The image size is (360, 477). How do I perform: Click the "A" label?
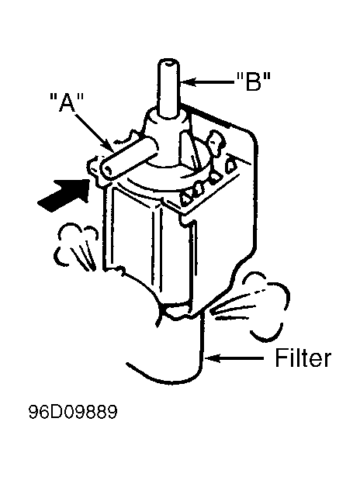click(67, 102)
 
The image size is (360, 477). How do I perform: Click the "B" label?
click(254, 81)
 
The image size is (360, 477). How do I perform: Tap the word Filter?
click(303, 358)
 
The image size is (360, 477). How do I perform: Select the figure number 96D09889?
click(73, 412)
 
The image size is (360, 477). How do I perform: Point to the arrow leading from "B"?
click(208, 81)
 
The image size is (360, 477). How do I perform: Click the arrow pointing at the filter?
click(234, 358)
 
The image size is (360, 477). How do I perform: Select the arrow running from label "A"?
click(93, 131)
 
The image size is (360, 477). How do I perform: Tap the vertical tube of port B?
click(168, 88)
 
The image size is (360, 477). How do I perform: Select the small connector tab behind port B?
click(216, 143)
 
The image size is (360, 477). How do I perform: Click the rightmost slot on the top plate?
click(230, 165)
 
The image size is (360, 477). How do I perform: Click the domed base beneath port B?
click(167, 137)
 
